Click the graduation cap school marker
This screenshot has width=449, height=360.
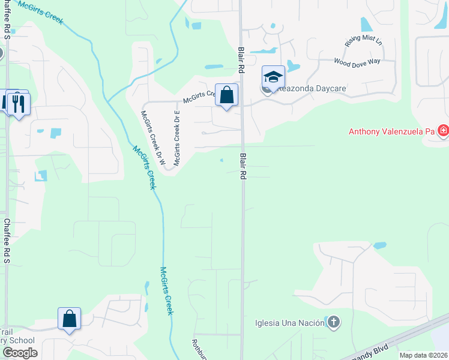pyautogui.click(x=273, y=77)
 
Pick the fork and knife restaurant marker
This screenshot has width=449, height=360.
pyautogui.click(x=19, y=104)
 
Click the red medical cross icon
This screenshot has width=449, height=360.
pyautogui.click(x=444, y=130)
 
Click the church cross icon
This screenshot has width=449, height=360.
pyautogui.click(x=334, y=323)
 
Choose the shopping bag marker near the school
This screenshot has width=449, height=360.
pyautogui.click(x=69, y=319)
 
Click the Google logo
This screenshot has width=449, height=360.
pyautogui.click(x=20, y=352)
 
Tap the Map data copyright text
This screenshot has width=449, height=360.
pyautogui.click(x=424, y=355)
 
